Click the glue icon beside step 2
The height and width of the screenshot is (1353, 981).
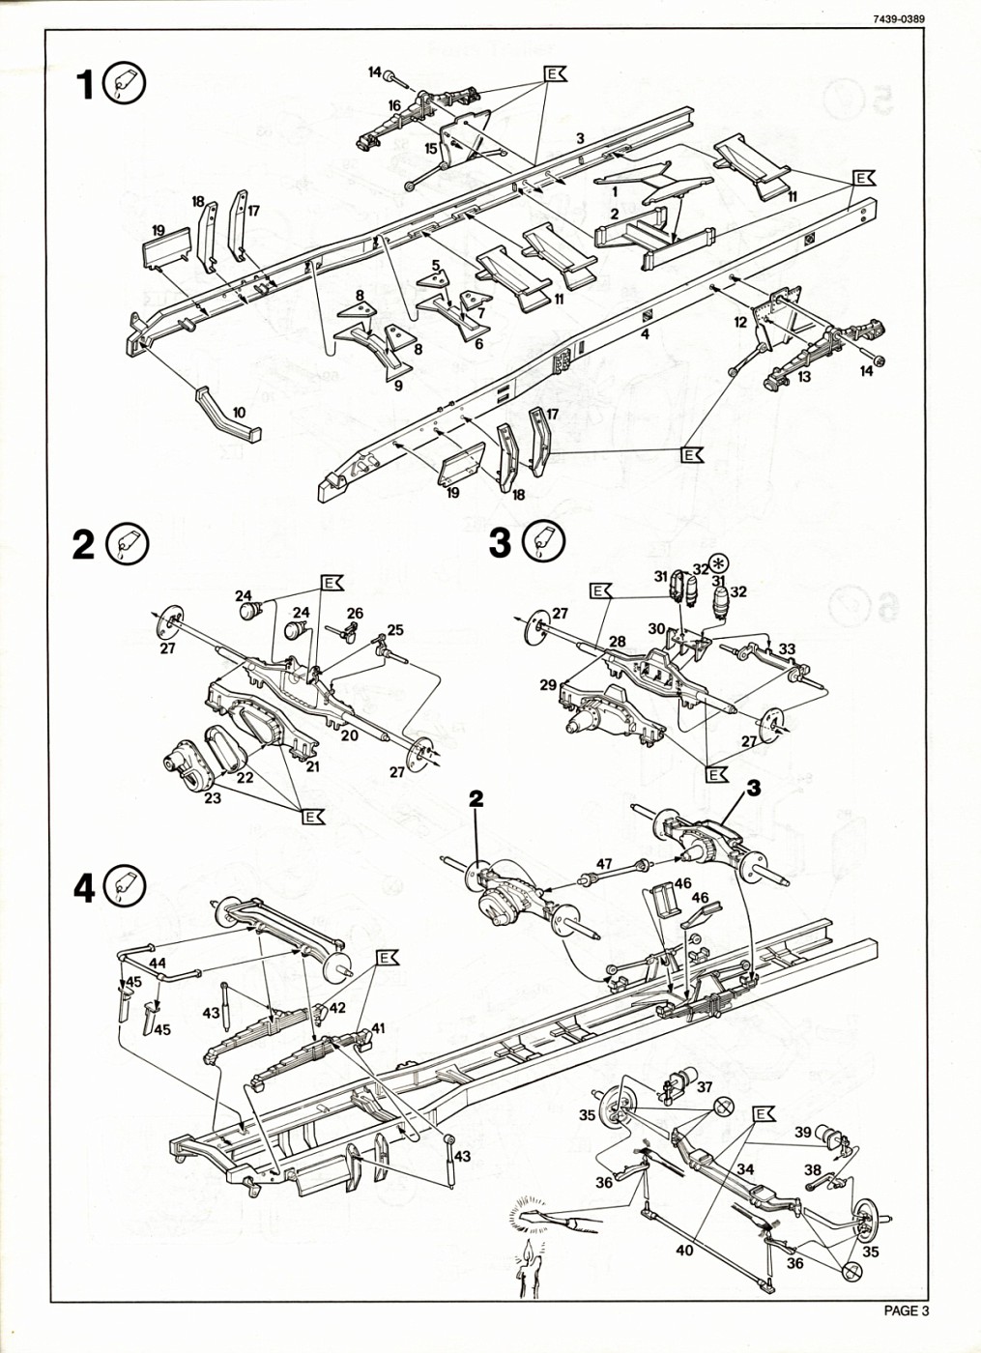click(129, 545)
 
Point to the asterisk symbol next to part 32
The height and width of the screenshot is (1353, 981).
click(718, 564)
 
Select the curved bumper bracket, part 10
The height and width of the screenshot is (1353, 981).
click(230, 414)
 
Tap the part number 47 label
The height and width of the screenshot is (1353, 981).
click(604, 863)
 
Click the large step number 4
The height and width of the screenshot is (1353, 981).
click(85, 888)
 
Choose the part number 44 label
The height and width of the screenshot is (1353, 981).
click(158, 963)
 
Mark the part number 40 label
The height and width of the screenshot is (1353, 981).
click(684, 1251)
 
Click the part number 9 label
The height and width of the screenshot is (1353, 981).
click(398, 386)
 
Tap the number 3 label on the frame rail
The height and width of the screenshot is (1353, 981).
click(580, 138)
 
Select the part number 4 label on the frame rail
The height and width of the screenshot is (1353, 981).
click(644, 334)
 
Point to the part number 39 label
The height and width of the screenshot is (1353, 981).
click(803, 1133)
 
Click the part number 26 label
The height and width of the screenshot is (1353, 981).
click(355, 613)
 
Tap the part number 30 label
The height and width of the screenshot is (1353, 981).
click(656, 628)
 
